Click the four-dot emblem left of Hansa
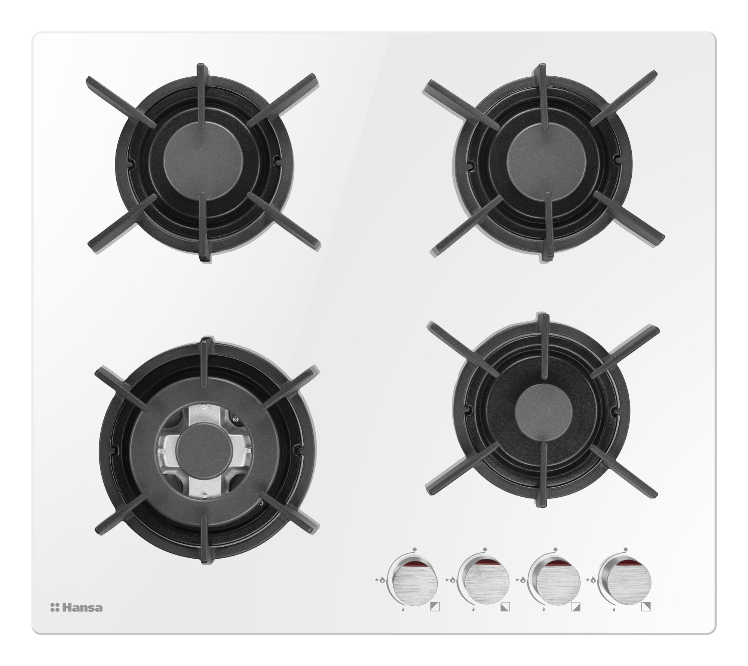point(55,608)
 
